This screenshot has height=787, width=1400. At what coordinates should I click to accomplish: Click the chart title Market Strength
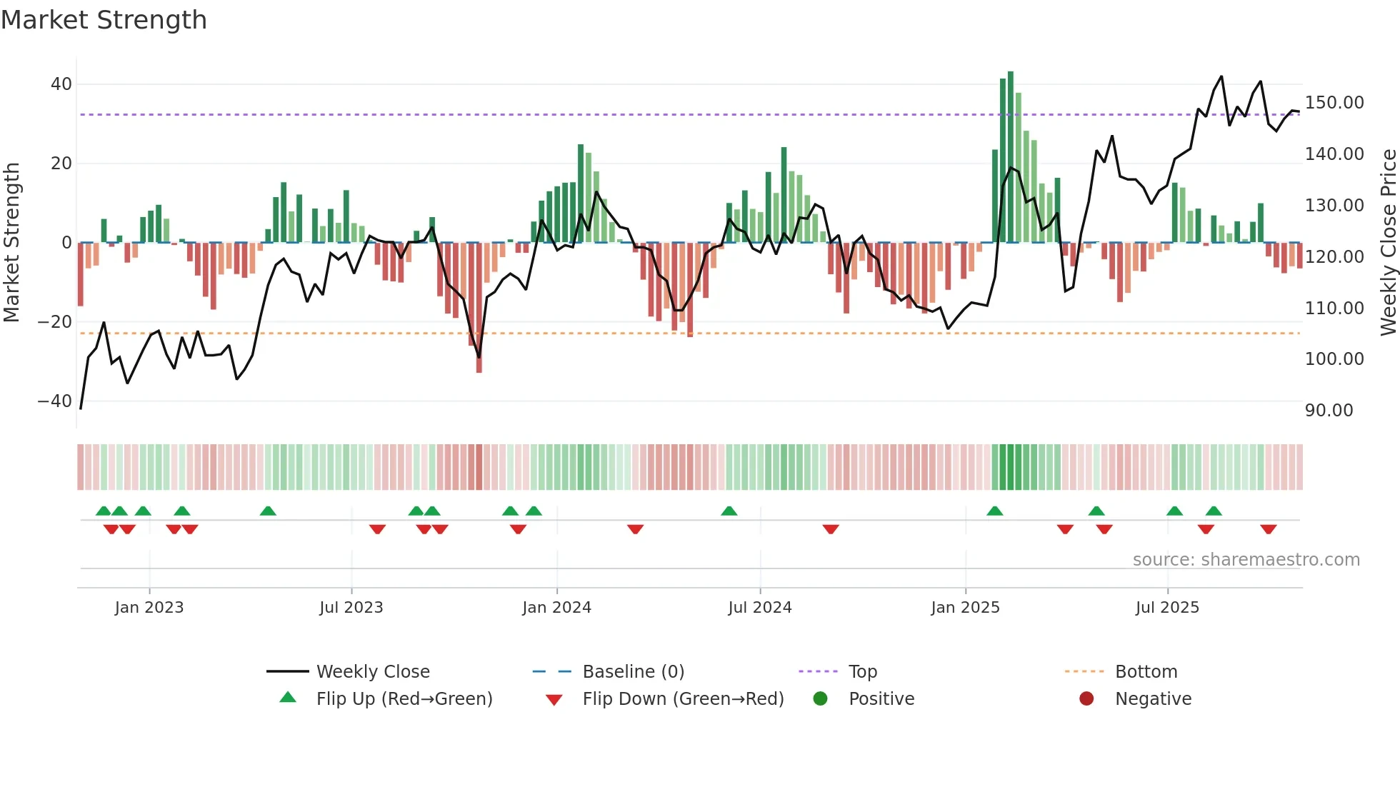pos(104,20)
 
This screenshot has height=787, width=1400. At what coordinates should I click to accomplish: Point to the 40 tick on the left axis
pos(61,84)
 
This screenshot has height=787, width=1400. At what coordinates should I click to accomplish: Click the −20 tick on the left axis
pos(55,322)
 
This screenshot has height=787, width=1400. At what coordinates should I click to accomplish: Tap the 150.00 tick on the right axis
pos(1334,103)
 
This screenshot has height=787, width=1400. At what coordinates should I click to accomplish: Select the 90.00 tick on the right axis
pos(1329,411)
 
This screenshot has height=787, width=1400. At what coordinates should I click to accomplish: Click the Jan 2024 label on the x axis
pos(556,608)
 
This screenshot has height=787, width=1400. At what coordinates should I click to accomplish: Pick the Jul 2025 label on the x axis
pos(1167,608)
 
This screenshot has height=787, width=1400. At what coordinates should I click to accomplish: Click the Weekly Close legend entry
pos(373,672)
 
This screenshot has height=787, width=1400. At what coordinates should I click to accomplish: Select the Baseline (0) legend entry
pos(633,672)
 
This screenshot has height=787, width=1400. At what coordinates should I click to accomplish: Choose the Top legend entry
pos(862,672)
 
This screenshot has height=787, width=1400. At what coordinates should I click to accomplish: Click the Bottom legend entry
pos(1146,672)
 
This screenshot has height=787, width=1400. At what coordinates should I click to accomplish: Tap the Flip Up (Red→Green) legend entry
pos(404,699)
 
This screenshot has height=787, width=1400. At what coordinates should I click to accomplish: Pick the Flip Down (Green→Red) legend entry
pos(683,699)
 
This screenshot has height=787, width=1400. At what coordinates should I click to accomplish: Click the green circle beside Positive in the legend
pos(820,699)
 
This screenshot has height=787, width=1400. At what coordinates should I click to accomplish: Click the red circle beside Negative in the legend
pos(1086,699)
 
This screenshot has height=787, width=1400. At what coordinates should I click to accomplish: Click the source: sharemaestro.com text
pos(1246,560)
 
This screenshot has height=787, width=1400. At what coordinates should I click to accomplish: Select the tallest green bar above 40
pos(1011,157)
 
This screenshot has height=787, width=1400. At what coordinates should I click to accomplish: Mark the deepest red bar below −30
pos(479,307)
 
